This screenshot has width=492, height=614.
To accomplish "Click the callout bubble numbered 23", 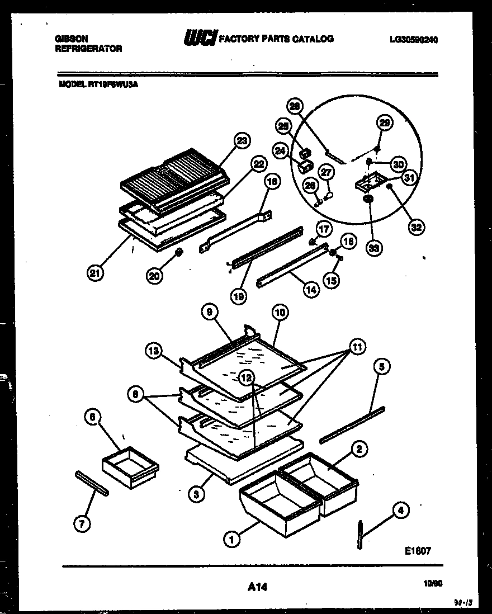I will coord(242,141).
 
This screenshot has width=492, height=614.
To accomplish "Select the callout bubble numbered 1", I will coord(230,539).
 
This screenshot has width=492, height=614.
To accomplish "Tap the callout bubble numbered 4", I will coord(400,510).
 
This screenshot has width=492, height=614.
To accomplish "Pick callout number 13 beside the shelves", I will coord(154,351).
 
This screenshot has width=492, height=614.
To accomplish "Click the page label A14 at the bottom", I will coord(256,587).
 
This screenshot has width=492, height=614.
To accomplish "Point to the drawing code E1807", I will coord(417,550).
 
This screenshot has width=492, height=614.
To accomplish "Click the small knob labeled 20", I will coord(179,253).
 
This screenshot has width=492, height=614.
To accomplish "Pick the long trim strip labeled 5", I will coord(352,423).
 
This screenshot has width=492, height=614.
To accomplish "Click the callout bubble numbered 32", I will coord(416,227).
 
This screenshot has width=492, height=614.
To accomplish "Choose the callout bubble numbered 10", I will coord(280,313).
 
